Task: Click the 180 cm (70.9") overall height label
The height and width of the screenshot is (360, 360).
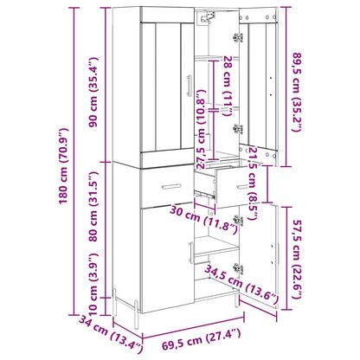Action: (x=63, y=166)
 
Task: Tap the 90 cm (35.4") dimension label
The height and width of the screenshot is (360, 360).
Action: (x=93, y=93)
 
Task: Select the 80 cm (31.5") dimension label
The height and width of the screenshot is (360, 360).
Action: (x=93, y=207)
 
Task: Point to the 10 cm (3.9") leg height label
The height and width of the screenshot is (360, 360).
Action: (x=93, y=284)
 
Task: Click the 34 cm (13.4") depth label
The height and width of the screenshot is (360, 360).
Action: (x=111, y=335)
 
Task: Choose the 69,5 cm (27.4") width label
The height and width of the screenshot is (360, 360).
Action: (x=201, y=339)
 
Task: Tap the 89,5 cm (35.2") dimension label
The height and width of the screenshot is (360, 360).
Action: (x=297, y=93)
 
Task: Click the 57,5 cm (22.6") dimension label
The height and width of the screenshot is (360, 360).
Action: (x=297, y=259)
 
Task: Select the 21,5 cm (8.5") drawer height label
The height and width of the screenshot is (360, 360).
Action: (x=252, y=183)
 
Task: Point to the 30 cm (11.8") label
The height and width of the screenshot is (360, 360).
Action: (x=203, y=219)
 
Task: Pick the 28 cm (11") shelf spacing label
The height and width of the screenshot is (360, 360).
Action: (x=228, y=86)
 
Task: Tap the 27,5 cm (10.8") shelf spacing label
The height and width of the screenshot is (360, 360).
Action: (x=200, y=129)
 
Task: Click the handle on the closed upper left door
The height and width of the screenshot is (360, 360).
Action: (x=190, y=86)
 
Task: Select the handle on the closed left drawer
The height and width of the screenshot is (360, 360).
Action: (x=171, y=186)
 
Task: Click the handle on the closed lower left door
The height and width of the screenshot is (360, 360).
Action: (x=191, y=253)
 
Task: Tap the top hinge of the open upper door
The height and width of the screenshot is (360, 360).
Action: (x=238, y=37)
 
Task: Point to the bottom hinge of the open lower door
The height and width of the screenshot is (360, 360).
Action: (x=238, y=268)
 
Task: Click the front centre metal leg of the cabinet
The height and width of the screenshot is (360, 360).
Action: (x=137, y=315)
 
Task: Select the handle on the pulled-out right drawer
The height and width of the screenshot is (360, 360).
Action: (x=241, y=186)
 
